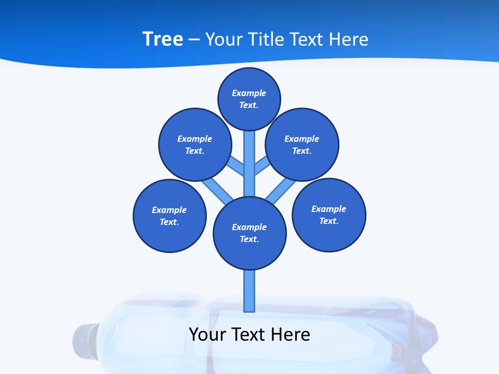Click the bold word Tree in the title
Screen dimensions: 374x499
click(x=163, y=39)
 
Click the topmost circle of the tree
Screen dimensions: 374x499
click(x=249, y=99)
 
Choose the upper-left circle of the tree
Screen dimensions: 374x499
click(x=194, y=144)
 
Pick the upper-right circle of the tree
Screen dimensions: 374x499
click(x=302, y=144)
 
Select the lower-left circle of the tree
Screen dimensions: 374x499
click(x=169, y=216)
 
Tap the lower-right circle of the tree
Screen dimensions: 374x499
click(x=329, y=215)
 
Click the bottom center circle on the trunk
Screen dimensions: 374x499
click(x=249, y=233)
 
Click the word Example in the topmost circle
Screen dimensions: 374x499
click(x=249, y=93)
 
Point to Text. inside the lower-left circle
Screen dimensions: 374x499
click(x=169, y=222)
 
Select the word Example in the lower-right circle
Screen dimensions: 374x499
click(x=329, y=209)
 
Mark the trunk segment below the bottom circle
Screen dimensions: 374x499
click(x=249, y=291)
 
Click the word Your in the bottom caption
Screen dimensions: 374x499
click(x=208, y=334)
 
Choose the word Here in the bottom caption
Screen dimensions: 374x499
click(x=291, y=334)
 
